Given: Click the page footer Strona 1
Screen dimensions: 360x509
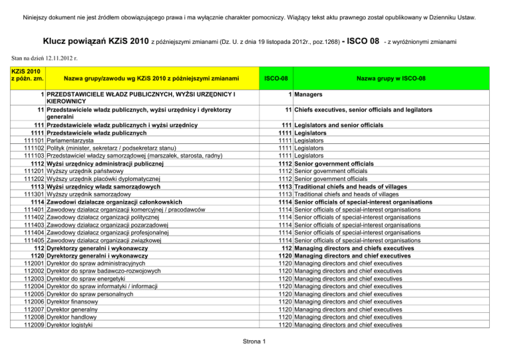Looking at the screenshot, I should (x=254, y=341).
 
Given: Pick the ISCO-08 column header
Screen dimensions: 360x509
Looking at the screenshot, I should (x=275, y=78).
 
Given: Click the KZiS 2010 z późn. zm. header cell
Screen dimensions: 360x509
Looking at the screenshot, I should (x=23, y=74).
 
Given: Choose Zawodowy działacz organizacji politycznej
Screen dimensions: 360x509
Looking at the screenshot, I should (x=113, y=215).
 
